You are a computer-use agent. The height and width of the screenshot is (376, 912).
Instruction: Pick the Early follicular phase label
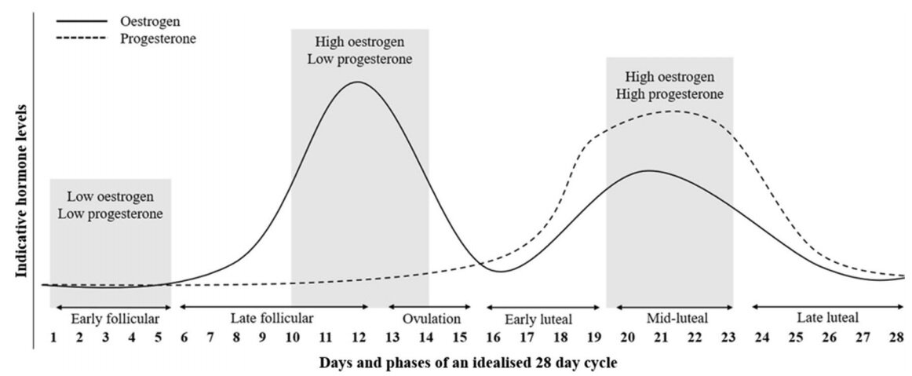coord(115,319)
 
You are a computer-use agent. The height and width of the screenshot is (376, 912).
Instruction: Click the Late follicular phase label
coord(272,318)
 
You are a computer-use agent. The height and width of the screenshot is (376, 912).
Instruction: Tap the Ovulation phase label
coord(432,319)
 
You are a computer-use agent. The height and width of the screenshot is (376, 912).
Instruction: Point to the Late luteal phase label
coord(827,318)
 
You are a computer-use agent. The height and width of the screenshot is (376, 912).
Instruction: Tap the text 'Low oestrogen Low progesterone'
coord(110,204)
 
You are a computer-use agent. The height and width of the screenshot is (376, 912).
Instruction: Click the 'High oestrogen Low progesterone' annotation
coord(359,49)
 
